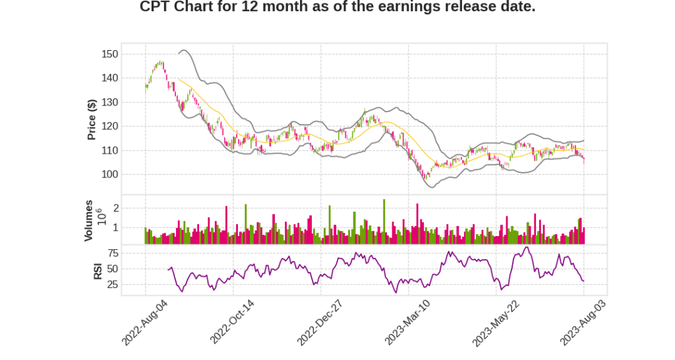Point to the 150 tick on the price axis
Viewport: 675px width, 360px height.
109,54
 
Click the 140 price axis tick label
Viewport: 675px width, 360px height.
109,78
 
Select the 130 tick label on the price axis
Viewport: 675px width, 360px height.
109,102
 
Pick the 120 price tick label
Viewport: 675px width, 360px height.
109,126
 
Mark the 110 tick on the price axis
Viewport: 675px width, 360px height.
109,150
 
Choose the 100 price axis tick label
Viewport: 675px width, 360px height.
109,174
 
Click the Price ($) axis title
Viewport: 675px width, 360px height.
92,119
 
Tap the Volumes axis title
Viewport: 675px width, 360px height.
88,220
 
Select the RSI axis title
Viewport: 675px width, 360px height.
98,270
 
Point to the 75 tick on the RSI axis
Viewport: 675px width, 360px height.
113,253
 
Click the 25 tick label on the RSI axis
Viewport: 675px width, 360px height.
113,285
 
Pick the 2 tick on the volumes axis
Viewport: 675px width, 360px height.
116,208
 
